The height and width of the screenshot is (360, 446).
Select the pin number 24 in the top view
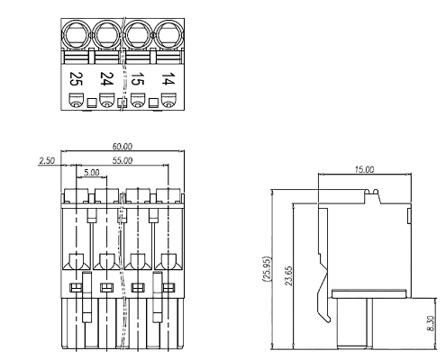click(106, 79)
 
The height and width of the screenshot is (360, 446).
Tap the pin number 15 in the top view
click(137, 79)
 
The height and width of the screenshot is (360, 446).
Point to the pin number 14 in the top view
click(167, 79)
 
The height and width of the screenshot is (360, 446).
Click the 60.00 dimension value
click(123, 146)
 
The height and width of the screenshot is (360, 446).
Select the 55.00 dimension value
click(123, 160)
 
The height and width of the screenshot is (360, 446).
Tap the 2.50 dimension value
click(47, 160)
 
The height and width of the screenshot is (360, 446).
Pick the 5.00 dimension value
click(91, 171)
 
